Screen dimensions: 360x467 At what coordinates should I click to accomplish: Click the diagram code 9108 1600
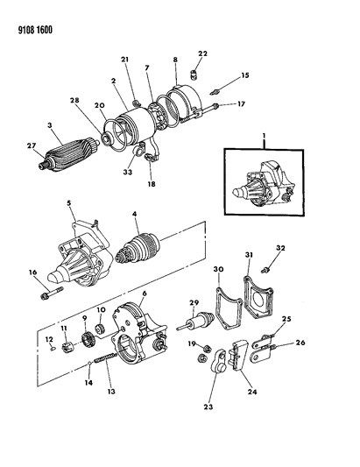pyautogui.click(x=35, y=30)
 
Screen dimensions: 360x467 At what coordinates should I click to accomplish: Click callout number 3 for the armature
pyautogui.click(x=50, y=125)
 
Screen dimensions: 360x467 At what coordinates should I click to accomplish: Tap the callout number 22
pyautogui.click(x=202, y=53)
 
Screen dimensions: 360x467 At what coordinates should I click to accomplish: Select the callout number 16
pyautogui.click(x=32, y=272)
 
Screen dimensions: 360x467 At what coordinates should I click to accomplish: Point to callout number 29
pyautogui.click(x=194, y=303)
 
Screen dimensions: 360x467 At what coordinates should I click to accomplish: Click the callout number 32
pyautogui.click(x=280, y=248)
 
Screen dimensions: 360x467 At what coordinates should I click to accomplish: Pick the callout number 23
pyautogui.click(x=208, y=407)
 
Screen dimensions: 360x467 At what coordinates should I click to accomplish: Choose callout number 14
pyautogui.click(x=88, y=383)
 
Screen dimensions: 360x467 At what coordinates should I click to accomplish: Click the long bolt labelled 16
pyautogui.click(x=52, y=292)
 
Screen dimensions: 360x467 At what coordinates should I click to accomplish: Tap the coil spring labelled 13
pyautogui.click(x=105, y=357)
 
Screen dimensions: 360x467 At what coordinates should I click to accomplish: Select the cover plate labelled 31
pyautogui.click(x=258, y=298)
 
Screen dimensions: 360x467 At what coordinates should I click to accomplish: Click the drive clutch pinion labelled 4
pyautogui.click(x=138, y=249)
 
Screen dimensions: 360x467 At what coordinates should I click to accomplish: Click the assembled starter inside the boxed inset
pyautogui.click(x=262, y=182)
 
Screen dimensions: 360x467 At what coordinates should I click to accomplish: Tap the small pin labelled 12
pyautogui.click(x=52, y=349)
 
